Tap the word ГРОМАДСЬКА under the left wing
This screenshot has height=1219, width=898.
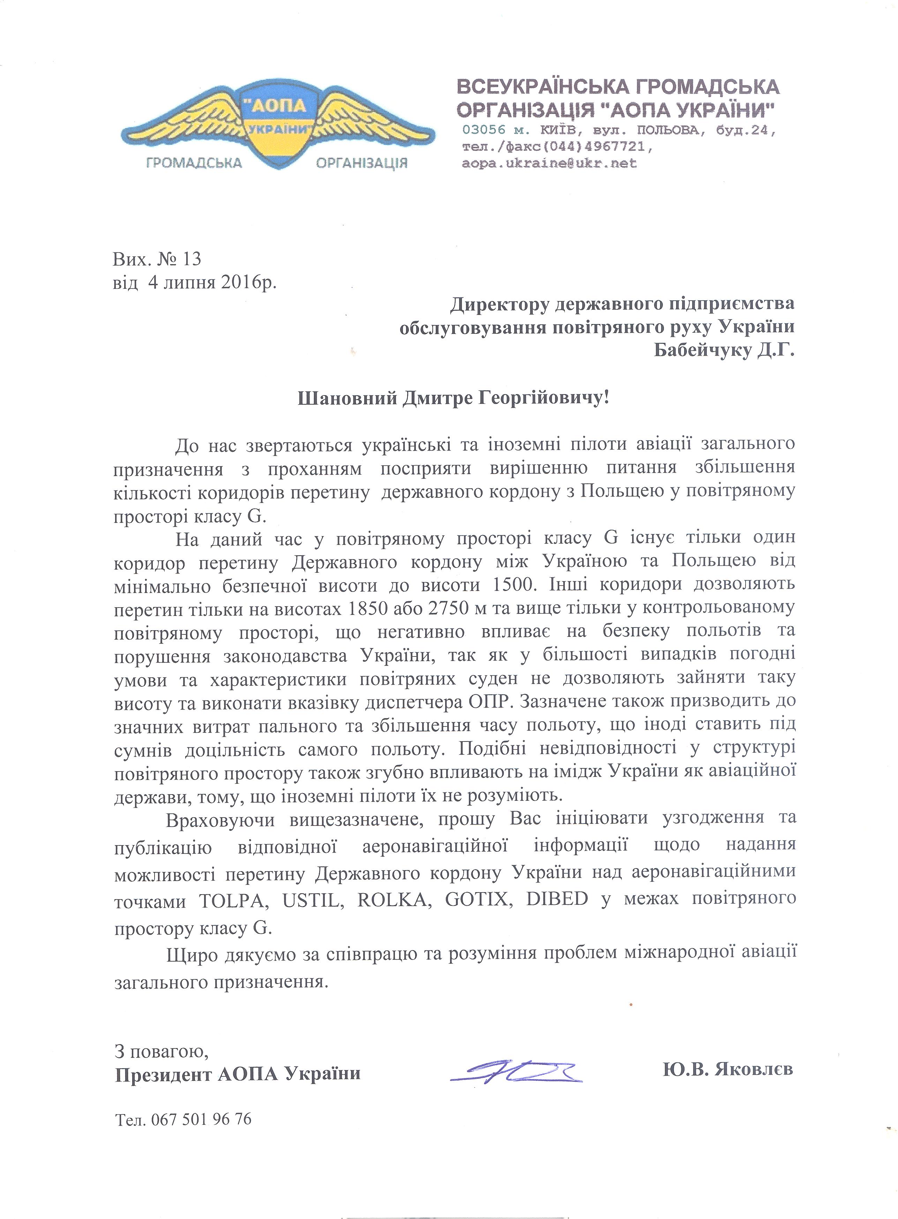click(194, 163)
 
